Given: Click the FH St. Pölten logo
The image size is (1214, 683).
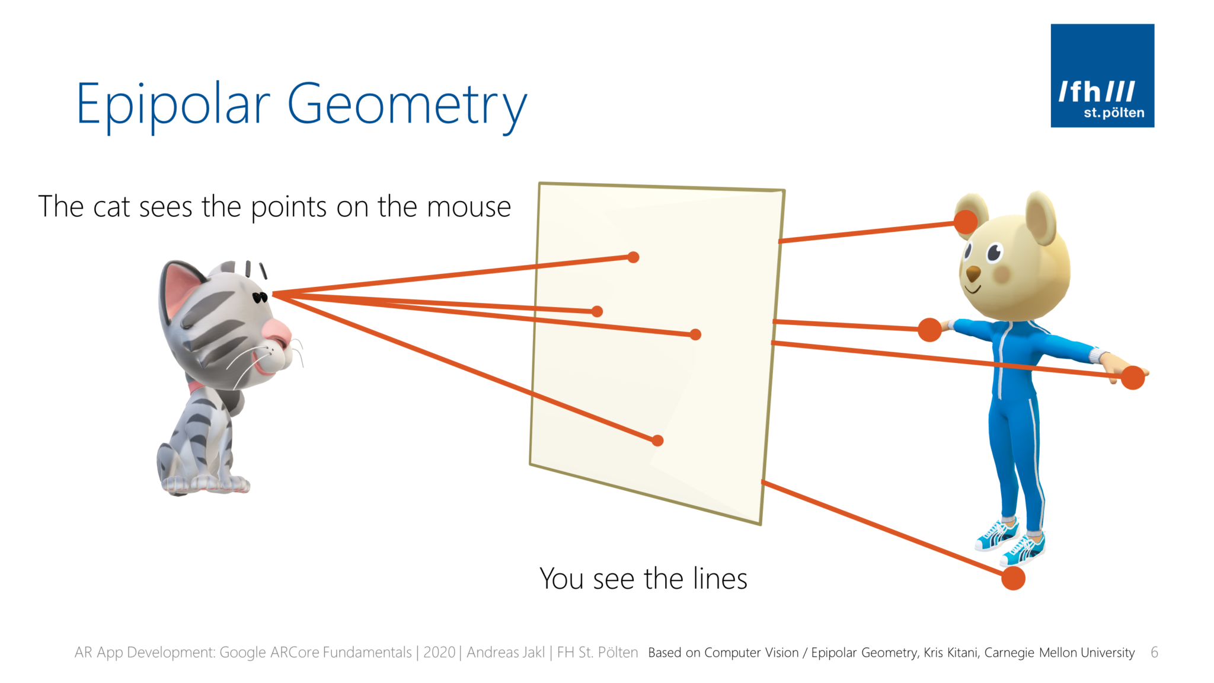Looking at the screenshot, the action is [x=1102, y=75].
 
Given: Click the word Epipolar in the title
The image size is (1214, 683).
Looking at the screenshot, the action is [x=173, y=105].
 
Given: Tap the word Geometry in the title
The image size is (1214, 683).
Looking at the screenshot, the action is [x=407, y=106].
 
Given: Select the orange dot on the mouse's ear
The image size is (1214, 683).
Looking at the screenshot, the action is [x=966, y=222].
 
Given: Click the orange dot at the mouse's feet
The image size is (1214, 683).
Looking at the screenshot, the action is [x=1013, y=577].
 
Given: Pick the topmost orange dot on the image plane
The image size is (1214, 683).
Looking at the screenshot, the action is [x=633, y=257].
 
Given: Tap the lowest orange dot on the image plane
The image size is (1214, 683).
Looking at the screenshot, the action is [x=657, y=441].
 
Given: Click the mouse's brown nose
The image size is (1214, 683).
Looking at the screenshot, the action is [x=973, y=274].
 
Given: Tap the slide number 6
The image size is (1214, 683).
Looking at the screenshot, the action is [x=1154, y=652].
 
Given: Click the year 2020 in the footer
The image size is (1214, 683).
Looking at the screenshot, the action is [x=439, y=652].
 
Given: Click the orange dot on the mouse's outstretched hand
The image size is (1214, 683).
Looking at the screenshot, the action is [x=1133, y=378].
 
